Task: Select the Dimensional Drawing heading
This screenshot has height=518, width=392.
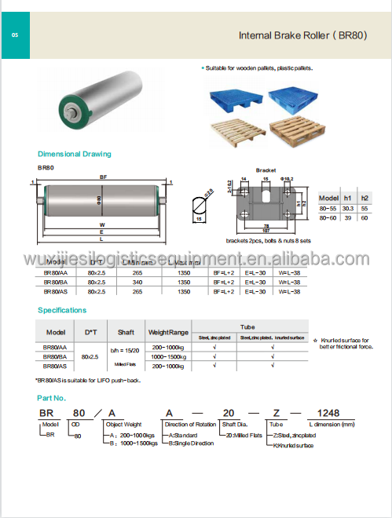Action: point(75,154)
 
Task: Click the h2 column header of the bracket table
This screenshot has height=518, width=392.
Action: point(365,198)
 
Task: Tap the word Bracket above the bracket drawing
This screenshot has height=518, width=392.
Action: point(266,170)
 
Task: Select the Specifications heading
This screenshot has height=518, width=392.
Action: point(61,310)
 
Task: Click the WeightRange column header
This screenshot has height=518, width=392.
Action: point(168,331)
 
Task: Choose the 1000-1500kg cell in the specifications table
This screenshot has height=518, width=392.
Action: point(168,356)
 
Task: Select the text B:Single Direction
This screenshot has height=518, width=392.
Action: point(189,443)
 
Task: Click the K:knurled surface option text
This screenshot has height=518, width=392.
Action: point(294,445)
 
